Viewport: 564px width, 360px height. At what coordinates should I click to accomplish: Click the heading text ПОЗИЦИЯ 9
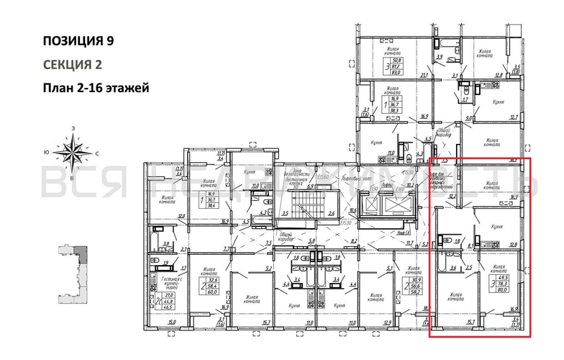point(78,40)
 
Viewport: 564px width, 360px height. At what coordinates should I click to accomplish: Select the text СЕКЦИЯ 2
point(72,64)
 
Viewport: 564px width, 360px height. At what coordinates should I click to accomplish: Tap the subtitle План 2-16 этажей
point(95,88)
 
